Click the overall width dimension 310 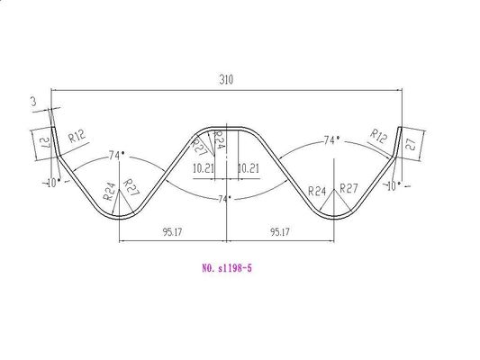click(225, 81)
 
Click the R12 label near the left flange click(76, 136)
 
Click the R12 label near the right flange click(378, 136)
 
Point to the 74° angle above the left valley click(115, 156)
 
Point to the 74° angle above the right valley click(331, 141)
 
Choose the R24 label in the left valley click(109, 191)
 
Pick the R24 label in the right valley click(316, 192)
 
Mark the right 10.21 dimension click(248, 168)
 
